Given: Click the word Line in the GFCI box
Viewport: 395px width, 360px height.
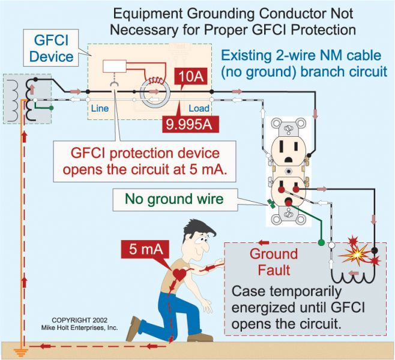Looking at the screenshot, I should point(100,109).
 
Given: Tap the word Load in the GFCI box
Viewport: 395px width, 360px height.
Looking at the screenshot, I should point(199,109).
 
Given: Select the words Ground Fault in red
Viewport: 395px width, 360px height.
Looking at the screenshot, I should point(270,262).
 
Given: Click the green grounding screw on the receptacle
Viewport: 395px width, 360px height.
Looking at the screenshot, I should point(270,205).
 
